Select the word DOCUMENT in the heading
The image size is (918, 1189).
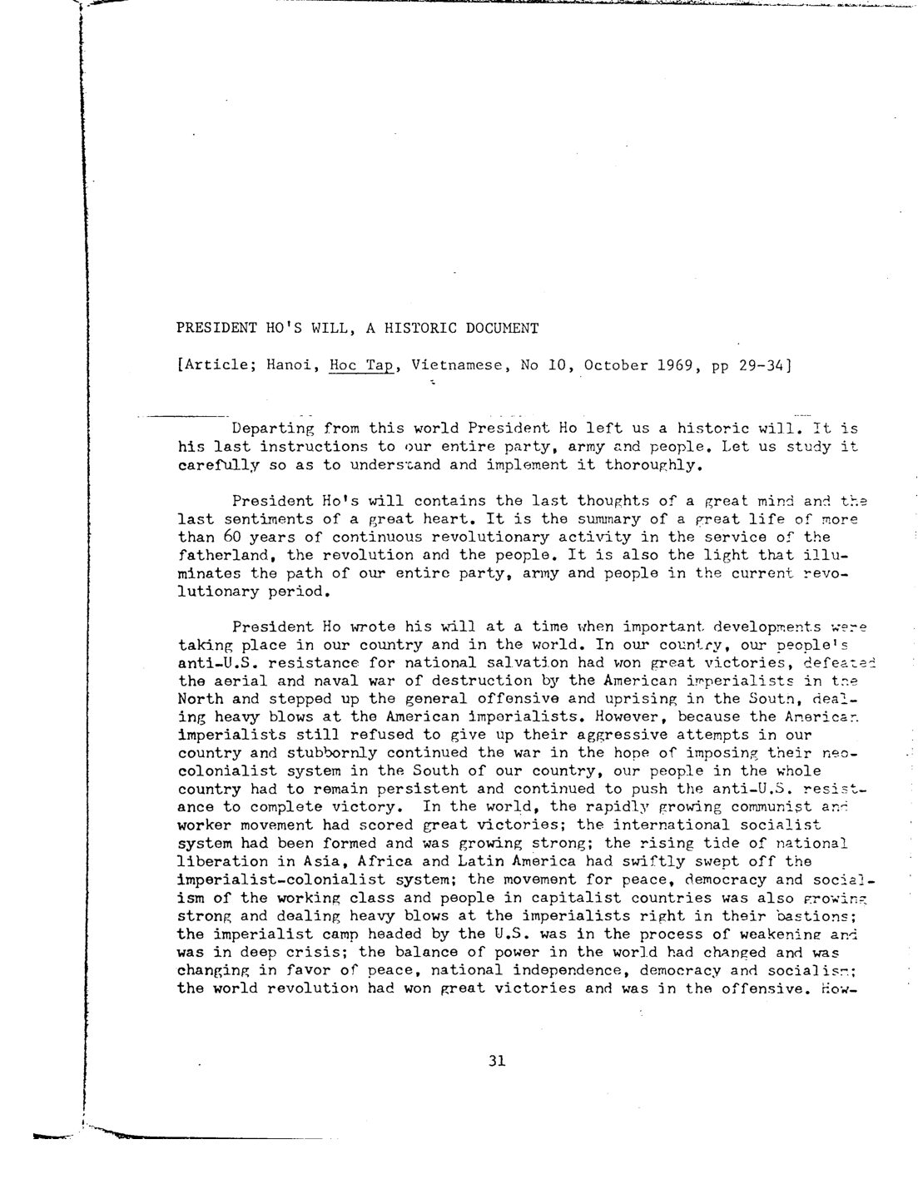click(501, 328)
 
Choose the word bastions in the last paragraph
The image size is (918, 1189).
click(823, 915)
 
